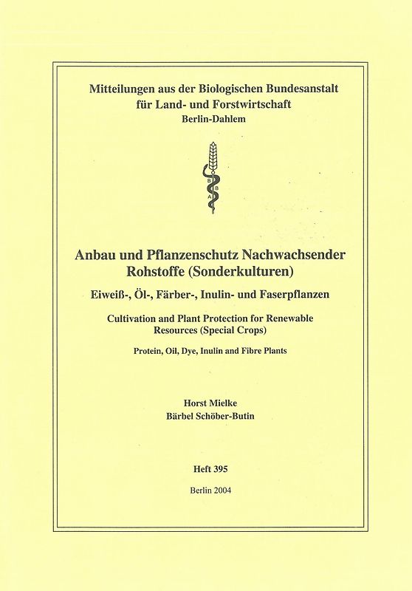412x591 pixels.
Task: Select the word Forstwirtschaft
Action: [247, 104]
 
